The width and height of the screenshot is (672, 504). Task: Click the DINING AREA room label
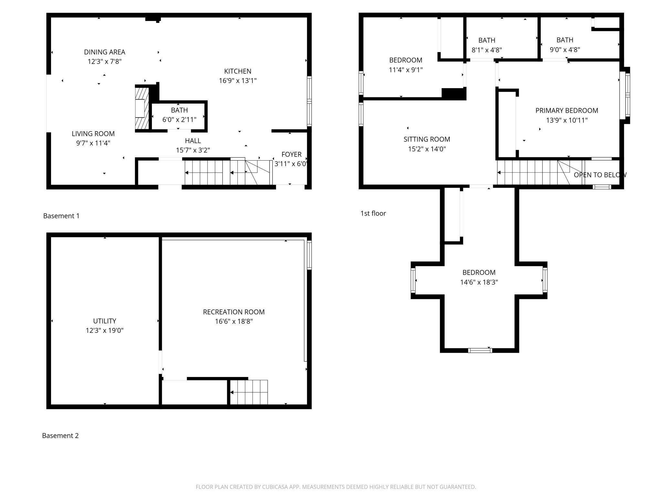tap(104, 52)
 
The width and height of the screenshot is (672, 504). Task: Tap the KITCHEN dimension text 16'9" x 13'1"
tap(238, 81)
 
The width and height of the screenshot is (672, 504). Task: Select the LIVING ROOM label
tap(93, 134)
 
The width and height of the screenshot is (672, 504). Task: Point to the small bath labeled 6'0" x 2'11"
tap(179, 116)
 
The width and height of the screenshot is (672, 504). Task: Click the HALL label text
tap(193, 141)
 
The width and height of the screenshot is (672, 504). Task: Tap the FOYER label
tap(291, 154)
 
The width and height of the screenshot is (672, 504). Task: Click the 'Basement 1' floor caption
tap(61, 216)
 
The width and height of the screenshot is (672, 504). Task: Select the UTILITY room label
tap(104, 321)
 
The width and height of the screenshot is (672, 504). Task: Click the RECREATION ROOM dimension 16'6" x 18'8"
tap(234, 321)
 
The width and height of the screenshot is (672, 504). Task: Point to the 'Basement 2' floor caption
tap(60, 436)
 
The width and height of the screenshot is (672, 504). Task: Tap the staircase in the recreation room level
tap(249, 392)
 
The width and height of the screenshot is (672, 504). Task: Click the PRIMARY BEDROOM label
tap(567, 110)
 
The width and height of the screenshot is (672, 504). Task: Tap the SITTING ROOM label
tap(427, 139)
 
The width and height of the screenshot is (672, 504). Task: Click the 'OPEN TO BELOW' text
tap(600, 175)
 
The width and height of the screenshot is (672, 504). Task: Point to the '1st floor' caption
tap(373, 213)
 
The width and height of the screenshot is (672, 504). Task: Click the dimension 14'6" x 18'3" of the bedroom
tap(479, 282)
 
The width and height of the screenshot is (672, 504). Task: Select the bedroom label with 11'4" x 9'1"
tap(405, 60)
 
